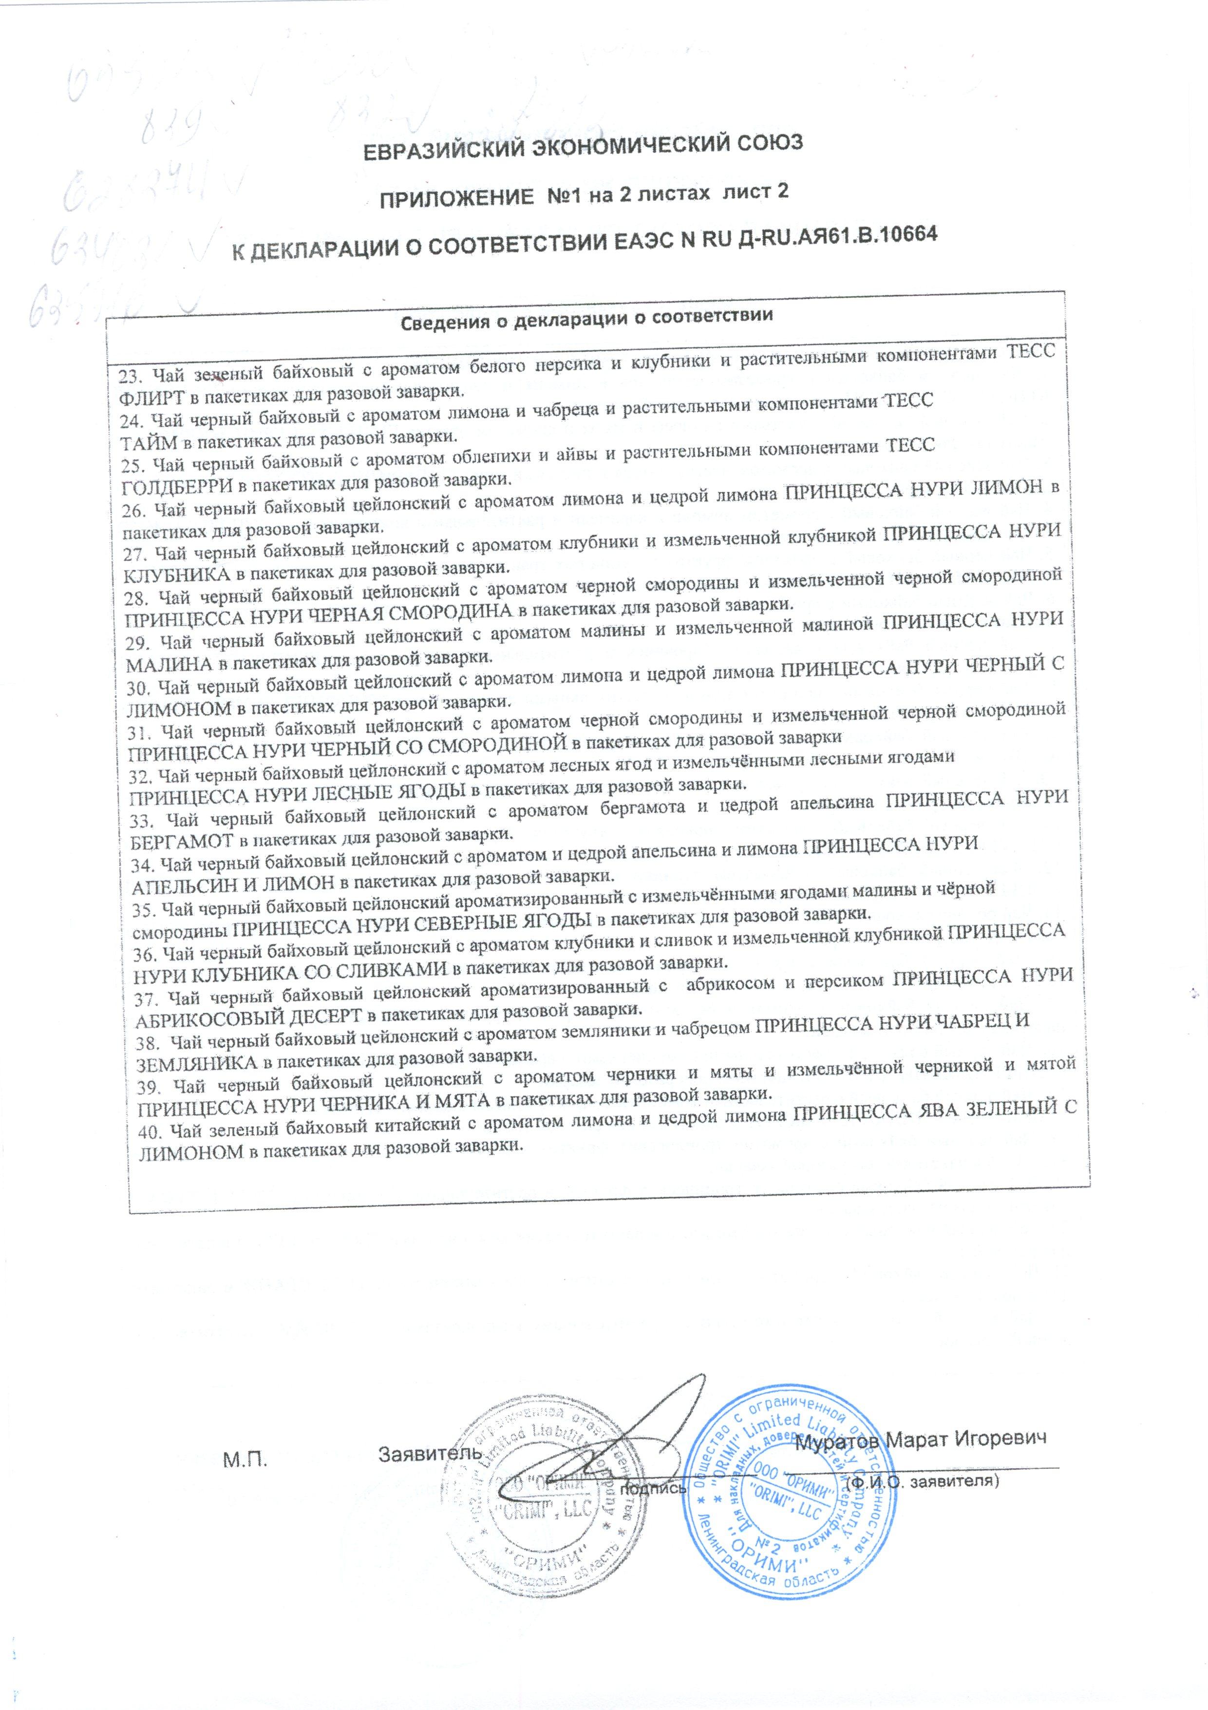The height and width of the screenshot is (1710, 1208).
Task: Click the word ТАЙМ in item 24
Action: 149,442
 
